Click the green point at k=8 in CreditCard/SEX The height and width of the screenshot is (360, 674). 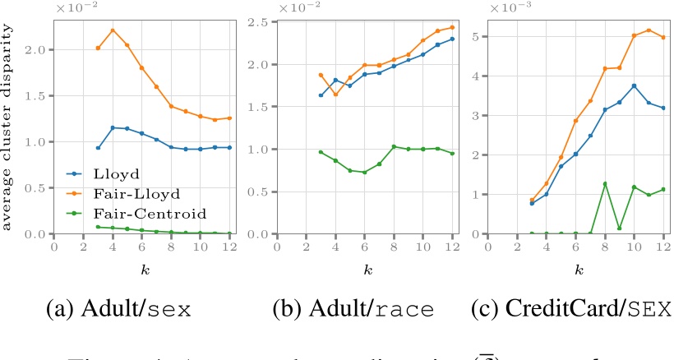tap(605, 183)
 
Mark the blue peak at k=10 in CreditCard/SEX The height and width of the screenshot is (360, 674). tap(635, 85)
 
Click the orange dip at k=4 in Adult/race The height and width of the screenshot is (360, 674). tap(335, 95)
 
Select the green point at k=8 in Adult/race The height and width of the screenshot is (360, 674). tap(395, 146)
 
